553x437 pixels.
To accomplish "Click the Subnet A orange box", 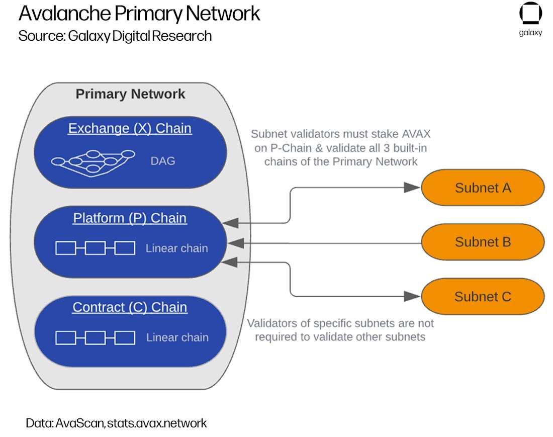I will pyautogui.click(x=483, y=188).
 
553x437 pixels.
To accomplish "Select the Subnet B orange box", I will pyautogui.click(x=483, y=242).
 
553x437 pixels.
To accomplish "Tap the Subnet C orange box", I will pyautogui.click(x=483, y=296).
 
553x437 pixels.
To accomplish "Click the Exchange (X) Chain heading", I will pyautogui.click(x=130, y=128).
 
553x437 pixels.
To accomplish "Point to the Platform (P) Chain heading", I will pyautogui.click(x=130, y=218).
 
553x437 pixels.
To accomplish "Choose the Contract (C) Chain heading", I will pyautogui.click(x=130, y=307).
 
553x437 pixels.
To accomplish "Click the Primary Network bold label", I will pyautogui.click(x=130, y=94).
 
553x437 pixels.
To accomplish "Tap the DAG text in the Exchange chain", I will pyautogui.click(x=163, y=161).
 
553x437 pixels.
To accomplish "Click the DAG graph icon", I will pyautogui.click(x=94, y=160).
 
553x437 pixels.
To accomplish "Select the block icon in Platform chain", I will pyautogui.click(x=95, y=248).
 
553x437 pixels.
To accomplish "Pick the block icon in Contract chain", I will pyautogui.click(x=95, y=337).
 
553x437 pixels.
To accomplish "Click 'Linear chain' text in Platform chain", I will pyautogui.click(x=177, y=248).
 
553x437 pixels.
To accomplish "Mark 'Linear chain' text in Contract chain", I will pyautogui.click(x=177, y=337).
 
